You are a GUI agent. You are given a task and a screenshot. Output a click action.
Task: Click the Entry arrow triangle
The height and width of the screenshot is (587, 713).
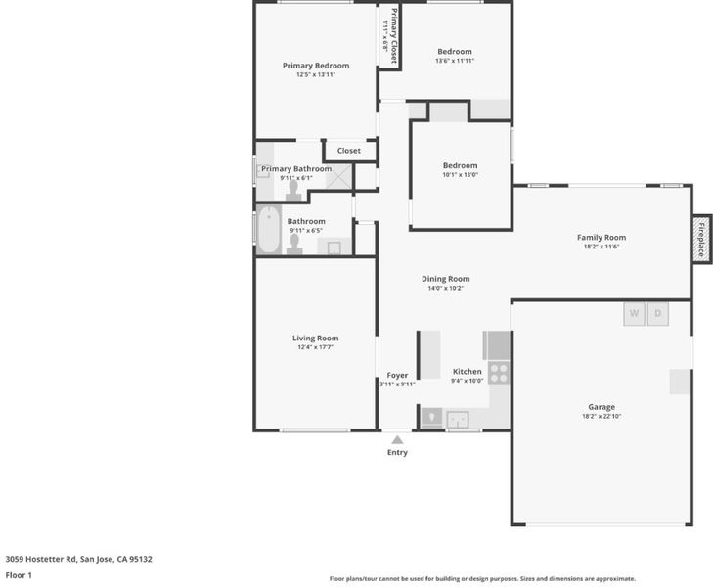pyautogui.click(x=397, y=439)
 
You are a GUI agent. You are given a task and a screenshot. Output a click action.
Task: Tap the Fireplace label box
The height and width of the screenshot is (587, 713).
pyautogui.click(x=701, y=239)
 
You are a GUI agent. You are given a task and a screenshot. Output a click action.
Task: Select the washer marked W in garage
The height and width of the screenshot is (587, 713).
pyautogui.click(x=634, y=314)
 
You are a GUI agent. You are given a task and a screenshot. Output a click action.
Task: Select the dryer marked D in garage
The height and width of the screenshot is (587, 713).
pyautogui.click(x=657, y=314)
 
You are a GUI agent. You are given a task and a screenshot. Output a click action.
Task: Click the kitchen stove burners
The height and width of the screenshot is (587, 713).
pyautogui.click(x=499, y=373)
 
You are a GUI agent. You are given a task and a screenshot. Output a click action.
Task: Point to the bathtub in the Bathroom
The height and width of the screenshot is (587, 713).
pyautogui.click(x=269, y=230)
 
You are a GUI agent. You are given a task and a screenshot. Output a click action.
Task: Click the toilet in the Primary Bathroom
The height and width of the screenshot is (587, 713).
pyautogui.click(x=293, y=191)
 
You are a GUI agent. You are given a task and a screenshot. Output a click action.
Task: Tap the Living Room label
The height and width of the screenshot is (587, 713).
pyautogui.click(x=315, y=338)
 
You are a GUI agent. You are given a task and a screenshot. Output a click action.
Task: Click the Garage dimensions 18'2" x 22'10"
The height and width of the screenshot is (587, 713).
pyautogui.click(x=602, y=416)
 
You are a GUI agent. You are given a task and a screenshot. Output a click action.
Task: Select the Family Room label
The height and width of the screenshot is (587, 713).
pyautogui.click(x=602, y=237)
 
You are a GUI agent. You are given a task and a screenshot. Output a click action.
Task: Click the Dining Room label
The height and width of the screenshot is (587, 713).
pyautogui.click(x=445, y=279)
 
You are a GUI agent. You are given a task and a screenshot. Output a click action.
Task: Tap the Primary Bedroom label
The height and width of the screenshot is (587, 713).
pyautogui.click(x=316, y=66)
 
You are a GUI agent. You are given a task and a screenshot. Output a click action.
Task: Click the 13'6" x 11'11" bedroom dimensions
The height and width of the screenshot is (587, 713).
pyautogui.click(x=455, y=61)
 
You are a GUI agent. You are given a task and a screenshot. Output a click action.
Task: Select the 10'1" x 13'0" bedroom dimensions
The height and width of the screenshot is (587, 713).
pyautogui.click(x=461, y=174)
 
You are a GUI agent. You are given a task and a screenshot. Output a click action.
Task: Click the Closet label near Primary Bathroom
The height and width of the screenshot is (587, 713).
pyautogui.click(x=349, y=151)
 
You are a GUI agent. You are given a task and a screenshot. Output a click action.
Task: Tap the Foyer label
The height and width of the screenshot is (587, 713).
pyautogui.click(x=397, y=375)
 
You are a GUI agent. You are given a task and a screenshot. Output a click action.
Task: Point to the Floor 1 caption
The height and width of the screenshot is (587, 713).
pyautogui.click(x=19, y=575)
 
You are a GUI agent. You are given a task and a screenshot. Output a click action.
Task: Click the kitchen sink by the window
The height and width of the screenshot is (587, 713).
pyautogui.click(x=458, y=420)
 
